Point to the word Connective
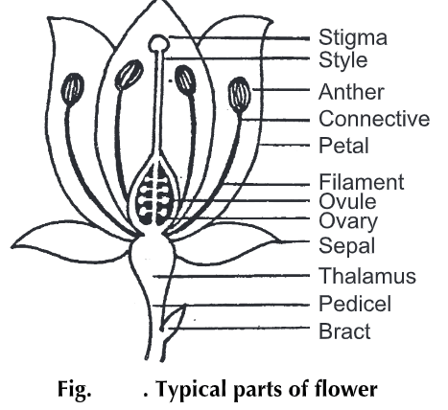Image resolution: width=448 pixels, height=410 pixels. (373, 120)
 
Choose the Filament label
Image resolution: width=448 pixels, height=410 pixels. (361, 181)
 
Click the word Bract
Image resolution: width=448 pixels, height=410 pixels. (344, 332)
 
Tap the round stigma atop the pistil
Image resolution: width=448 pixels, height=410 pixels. (158, 42)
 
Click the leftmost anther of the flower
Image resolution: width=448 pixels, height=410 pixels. (70, 91)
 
